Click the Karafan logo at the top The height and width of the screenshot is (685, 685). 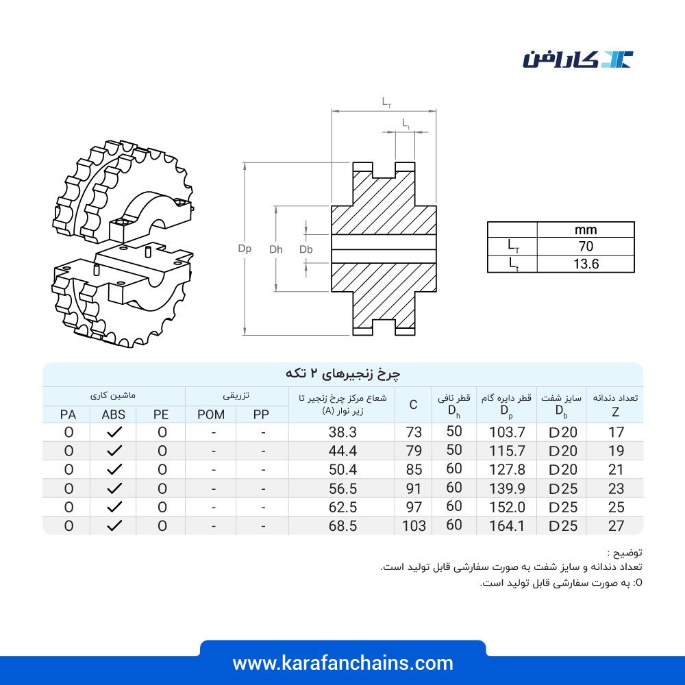click(x=578, y=60)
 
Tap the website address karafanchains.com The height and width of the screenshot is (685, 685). click(x=342, y=663)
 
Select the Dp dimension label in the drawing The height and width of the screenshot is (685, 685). click(x=245, y=249)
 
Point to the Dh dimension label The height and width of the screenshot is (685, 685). click(x=275, y=249)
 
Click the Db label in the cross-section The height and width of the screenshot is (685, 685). click(x=306, y=249)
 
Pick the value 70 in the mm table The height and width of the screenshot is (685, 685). click(x=586, y=247)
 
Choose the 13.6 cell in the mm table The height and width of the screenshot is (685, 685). click(x=586, y=264)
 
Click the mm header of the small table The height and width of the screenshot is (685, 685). click(x=586, y=229)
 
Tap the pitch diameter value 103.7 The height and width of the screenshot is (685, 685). click(x=507, y=432)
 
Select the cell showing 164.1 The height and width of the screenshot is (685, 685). click(x=507, y=525)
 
